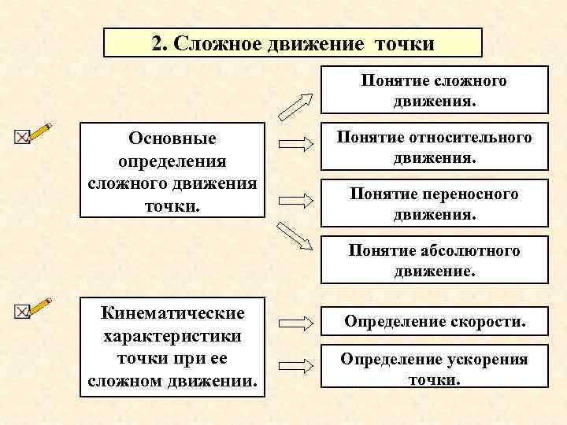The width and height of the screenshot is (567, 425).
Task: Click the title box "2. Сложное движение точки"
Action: [x=292, y=42]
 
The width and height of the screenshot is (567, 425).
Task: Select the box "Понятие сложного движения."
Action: [x=434, y=91]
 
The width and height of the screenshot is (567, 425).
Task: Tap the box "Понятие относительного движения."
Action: [x=434, y=147]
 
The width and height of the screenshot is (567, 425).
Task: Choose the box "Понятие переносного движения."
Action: [x=434, y=204]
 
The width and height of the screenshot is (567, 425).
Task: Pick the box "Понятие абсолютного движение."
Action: [x=434, y=261]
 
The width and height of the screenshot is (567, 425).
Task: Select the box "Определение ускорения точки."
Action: [x=434, y=368]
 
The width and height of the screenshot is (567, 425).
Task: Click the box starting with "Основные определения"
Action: [x=172, y=170]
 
